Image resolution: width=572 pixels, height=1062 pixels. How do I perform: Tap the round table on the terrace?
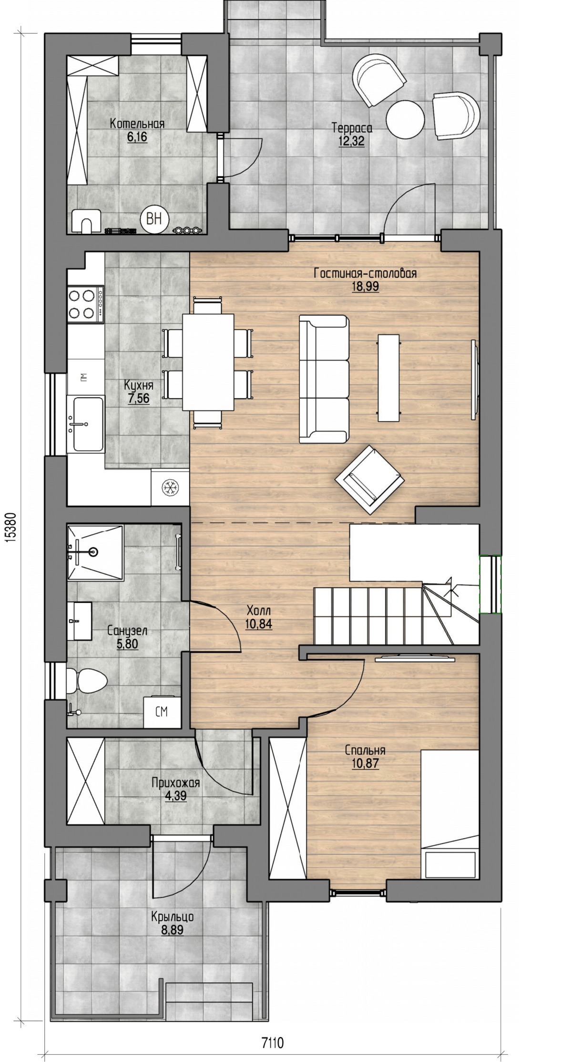405,119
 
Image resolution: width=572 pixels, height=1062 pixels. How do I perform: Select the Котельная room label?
137,124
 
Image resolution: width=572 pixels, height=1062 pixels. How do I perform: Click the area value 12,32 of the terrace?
352,141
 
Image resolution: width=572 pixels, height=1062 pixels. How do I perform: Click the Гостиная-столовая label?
365,274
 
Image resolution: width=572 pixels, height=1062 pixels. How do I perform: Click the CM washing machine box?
162,712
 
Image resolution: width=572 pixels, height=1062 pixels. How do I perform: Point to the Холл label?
259,611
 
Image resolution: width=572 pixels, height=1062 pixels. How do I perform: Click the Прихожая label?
175,782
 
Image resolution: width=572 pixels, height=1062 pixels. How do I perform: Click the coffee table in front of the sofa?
388,377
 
